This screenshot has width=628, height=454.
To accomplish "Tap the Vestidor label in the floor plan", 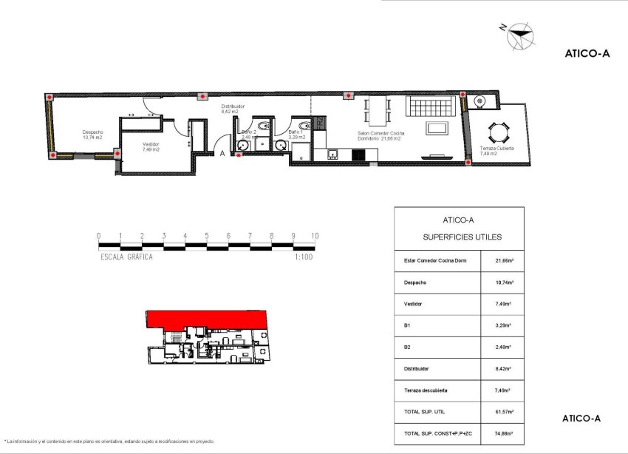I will tap(151, 146).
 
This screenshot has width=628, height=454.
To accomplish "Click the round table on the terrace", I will tap(497, 133).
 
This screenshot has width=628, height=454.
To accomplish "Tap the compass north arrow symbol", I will tap(520, 33).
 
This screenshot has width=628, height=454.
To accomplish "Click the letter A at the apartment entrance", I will tap(222, 153).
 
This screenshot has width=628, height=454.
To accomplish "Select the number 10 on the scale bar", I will tap(315, 236).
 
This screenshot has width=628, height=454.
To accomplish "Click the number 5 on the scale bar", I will tap(207, 236).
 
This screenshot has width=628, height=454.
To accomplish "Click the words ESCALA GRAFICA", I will tap(126, 257).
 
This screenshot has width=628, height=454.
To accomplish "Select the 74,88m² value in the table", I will tap(504, 433).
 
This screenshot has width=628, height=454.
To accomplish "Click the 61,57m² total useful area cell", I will tap(504, 411).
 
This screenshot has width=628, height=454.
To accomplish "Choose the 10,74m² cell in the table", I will tap(504, 282).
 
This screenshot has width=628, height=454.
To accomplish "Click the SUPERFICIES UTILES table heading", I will tap(462, 237).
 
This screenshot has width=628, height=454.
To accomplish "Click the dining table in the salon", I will tap(379, 112).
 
